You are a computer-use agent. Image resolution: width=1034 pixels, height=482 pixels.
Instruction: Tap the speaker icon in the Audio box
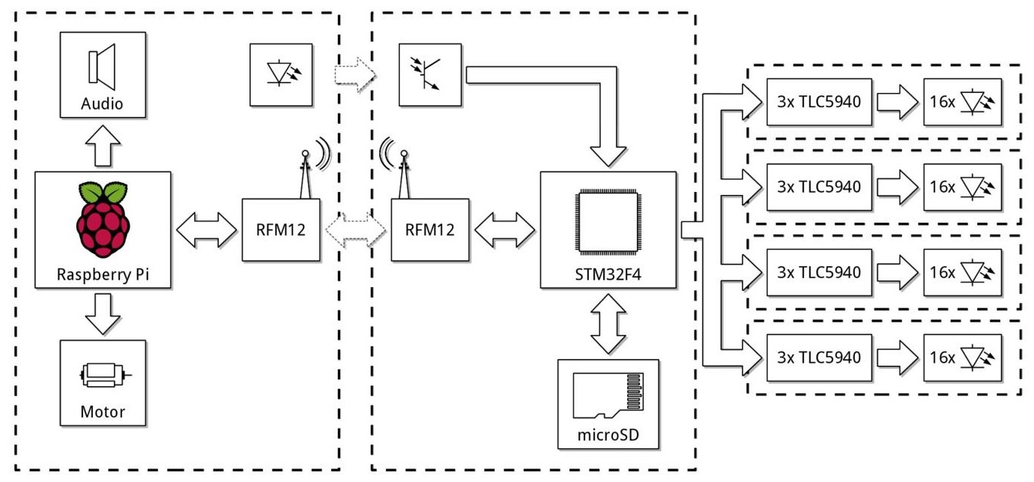(x=102, y=64)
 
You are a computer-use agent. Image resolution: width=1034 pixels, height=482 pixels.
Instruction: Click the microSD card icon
(x=608, y=394)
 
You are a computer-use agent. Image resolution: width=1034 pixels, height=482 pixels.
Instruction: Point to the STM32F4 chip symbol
(x=608, y=225)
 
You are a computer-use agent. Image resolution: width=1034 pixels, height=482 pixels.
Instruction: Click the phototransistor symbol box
(x=431, y=75)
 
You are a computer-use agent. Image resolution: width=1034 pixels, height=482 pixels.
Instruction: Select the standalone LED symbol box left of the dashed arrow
(x=281, y=75)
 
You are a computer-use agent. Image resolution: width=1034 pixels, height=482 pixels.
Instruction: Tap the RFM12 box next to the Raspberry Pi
(x=281, y=229)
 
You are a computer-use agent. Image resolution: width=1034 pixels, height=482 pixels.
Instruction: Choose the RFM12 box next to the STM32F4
(x=430, y=229)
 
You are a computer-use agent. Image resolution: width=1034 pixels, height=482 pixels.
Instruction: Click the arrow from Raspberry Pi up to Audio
(x=102, y=145)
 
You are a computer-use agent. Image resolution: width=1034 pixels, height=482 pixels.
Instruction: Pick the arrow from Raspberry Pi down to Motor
(x=102, y=313)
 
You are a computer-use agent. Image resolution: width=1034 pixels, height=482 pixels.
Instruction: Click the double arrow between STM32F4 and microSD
(x=608, y=323)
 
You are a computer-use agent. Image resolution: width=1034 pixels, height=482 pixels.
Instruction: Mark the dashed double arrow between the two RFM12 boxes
(x=356, y=229)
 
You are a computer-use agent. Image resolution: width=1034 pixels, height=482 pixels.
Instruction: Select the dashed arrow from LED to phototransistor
(x=356, y=75)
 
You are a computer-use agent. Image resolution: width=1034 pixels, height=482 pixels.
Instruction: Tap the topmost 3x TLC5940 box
(x=820, y=101)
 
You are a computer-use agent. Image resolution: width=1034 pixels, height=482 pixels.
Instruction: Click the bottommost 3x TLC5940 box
(x=820, y=357)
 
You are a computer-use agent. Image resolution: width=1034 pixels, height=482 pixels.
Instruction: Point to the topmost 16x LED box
(x=962, y=101)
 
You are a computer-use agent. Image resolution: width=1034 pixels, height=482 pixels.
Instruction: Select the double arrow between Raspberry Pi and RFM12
(x=206, y=229)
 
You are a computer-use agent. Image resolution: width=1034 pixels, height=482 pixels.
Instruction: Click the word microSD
(x=608, y=434)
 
